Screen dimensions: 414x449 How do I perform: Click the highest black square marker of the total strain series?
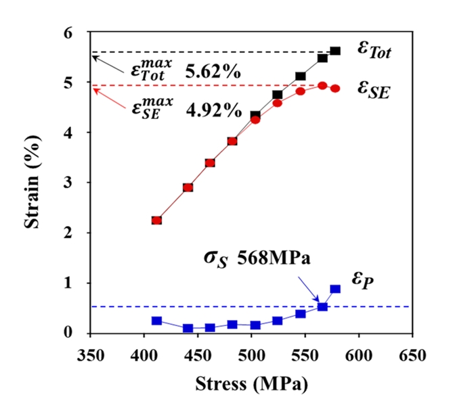pos(335,51)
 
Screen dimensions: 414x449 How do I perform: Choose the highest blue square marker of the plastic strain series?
pos(335,289)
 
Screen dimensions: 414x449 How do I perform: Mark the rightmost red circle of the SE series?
pos(335,89)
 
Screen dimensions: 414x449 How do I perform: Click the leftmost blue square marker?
pos(156,321)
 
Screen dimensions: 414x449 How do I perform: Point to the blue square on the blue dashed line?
pos(322,307)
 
